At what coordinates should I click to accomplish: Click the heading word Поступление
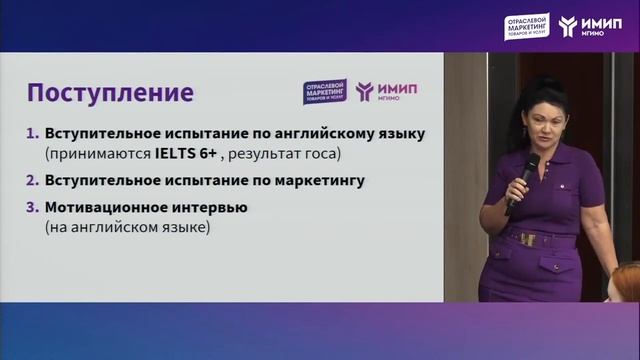click(x=110, y=94)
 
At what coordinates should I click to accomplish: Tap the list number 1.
click(x=32, y=133)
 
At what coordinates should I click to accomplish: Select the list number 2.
click(x=32, y=182)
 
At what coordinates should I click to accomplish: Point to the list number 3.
click(x=32, y=208)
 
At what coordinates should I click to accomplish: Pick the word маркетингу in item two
click(x=288, y=182)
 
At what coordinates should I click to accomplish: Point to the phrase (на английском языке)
click(x=125, y=229)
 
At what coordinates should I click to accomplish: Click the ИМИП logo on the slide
click(x=387, y=91)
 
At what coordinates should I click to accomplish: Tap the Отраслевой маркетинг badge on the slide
click(x=323, y=91)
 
